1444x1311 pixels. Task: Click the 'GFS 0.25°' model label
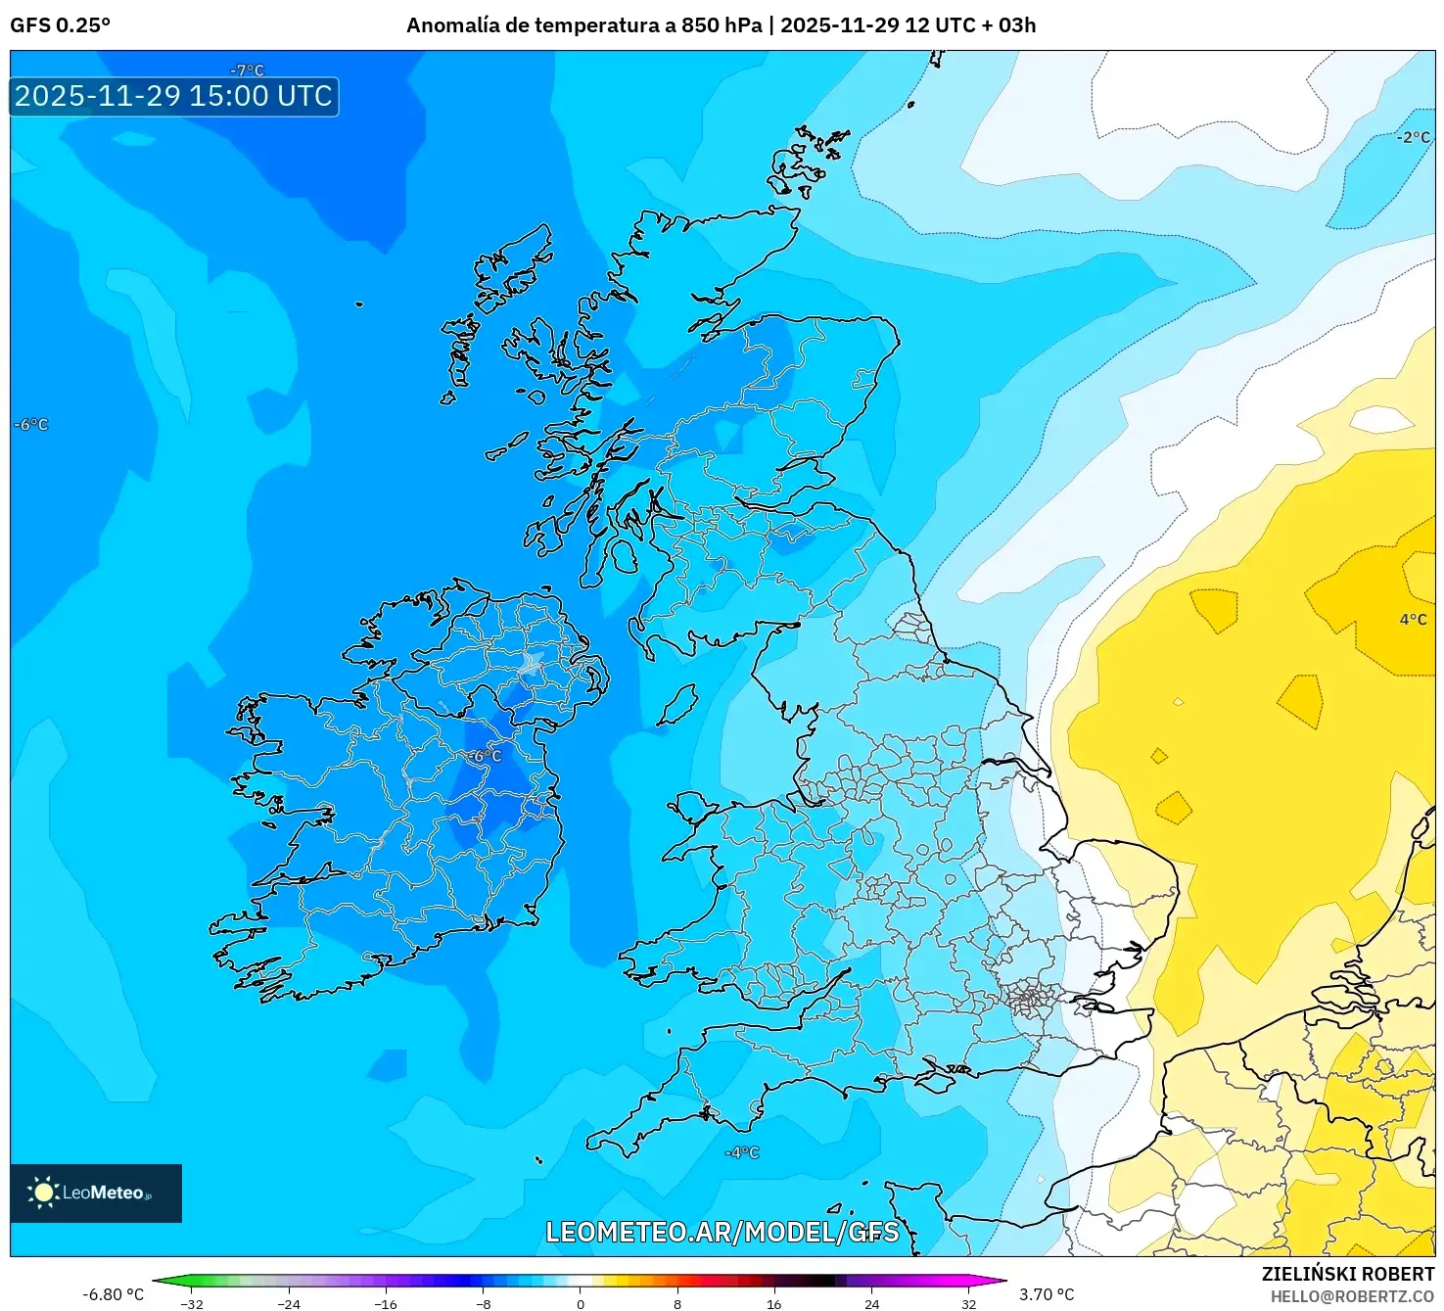tap(60, 25)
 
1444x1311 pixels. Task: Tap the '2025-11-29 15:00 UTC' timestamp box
tap(174, 96)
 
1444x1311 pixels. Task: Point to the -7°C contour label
tap(247, 70)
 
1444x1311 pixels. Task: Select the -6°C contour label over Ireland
tap(483, 756)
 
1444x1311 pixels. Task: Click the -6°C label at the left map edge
tap(30, 425)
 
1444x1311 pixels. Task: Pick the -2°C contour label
tap(1413, 137)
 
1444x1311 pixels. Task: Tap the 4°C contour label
tap(1413, 619)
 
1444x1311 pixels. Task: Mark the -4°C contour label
tap(741, 1152)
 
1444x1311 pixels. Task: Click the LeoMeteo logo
tap(95, 1193)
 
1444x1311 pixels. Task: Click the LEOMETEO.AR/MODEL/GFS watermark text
tap(722, 1232)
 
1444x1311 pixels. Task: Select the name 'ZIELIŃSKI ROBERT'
tap(1347, 1274)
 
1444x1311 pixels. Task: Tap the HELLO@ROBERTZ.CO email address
tap(1352, 1296)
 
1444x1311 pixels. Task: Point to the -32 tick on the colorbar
tap(192, 1303)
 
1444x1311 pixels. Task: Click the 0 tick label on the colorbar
tap(581, 1303)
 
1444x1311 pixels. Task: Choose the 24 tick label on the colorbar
tap(871, 1303)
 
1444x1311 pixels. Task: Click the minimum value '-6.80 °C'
tap(113, 1294)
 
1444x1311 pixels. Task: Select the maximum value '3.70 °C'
tap(1047, 1294)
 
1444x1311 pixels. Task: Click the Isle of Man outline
tap(676, 704)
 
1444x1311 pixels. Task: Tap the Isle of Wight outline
tap(935, 1082)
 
